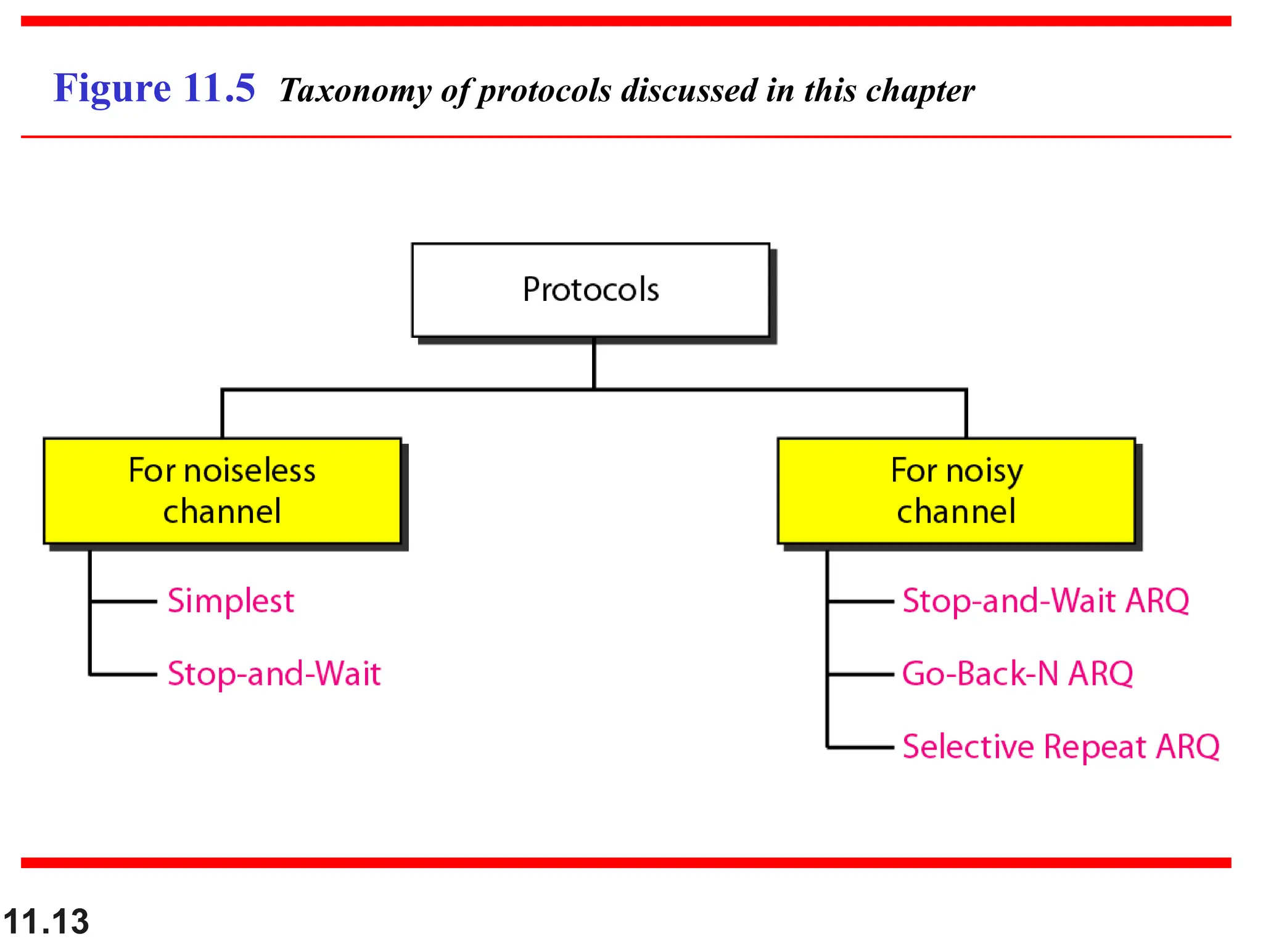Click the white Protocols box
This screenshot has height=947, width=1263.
click(590, 290)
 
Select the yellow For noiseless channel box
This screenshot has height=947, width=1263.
click(222, 491)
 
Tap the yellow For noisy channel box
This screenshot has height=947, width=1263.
click(956, 491)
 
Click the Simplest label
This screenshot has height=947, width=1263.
click(231, 601)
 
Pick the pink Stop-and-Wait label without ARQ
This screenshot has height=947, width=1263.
click(274, 674)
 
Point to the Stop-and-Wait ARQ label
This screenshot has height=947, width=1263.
click(1045, 601)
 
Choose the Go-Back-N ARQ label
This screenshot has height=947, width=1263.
click(1018, 674)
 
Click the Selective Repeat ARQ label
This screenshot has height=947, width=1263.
click(1061, 747)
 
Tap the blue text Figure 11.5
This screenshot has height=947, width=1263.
click(154, 88)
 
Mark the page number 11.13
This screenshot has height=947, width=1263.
click(46, 922)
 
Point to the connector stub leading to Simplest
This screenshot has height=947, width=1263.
click(123, 601)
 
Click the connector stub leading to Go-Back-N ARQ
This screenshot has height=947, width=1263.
click(860, 674)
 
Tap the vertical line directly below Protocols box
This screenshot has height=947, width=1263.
click(594, 364)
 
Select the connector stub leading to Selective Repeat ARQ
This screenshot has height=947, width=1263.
click(860, 747)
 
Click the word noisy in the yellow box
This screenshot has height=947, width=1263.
click(984, 472)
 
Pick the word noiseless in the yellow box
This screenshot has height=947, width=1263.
click(250, 471)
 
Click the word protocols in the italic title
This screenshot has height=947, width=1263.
click(545, 91)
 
